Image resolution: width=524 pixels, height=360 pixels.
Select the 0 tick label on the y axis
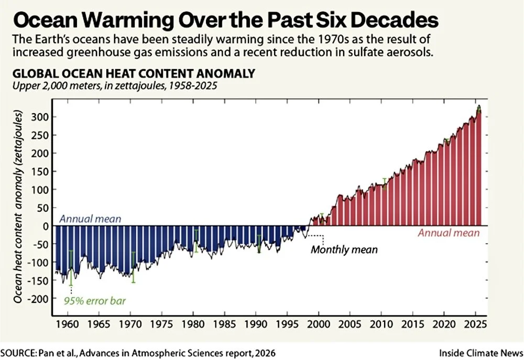(x=46, y=226)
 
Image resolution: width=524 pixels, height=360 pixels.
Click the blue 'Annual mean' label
(x=90, y=219)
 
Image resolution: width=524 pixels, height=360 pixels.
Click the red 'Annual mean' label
(x=448, y=233)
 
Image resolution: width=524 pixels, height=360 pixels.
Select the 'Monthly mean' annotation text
(x=344, y=249)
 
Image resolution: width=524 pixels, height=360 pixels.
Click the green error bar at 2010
(x=384, y=183)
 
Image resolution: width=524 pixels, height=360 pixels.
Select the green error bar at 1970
(x=134, y=267)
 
